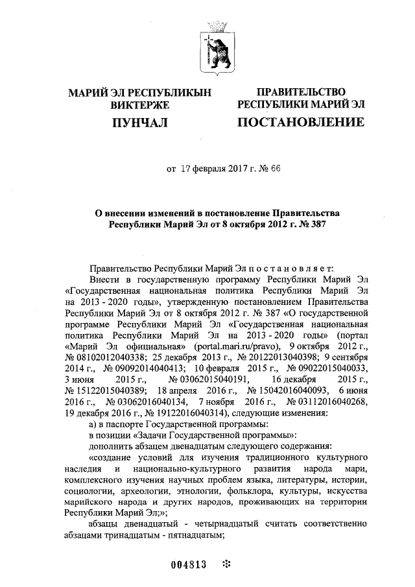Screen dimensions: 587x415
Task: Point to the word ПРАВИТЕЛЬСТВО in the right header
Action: click(x=301, y=92)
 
